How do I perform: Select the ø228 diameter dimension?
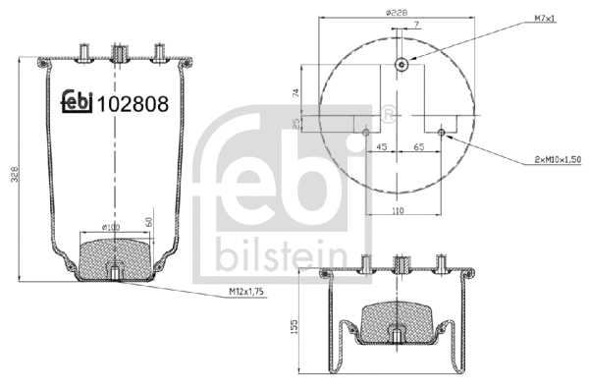[x=398, y=12]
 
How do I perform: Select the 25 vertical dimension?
[x=295, y=124]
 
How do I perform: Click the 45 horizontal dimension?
[x=384, y=145]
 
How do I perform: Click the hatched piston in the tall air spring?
[x=116, y=257]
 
